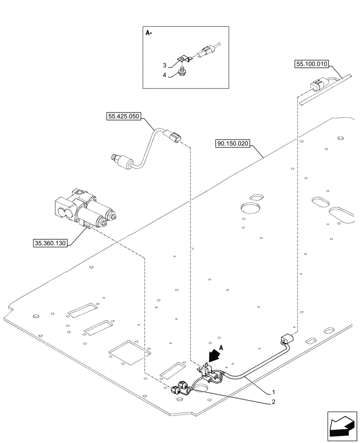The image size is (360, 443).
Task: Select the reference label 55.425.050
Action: click(x=123, y=117)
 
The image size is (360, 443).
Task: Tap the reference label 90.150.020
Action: click(x=234, y=144)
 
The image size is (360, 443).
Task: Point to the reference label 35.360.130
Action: click(x=50, y=243)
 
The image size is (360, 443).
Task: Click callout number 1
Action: click(x=274, y=392)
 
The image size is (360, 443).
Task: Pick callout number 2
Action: click(x=274, y=402)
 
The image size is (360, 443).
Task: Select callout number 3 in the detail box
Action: click(x=164, y=65)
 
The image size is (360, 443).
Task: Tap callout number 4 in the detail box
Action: click(x=164, y=75)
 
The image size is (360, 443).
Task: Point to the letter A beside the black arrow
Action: click(x=221, y=348)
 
